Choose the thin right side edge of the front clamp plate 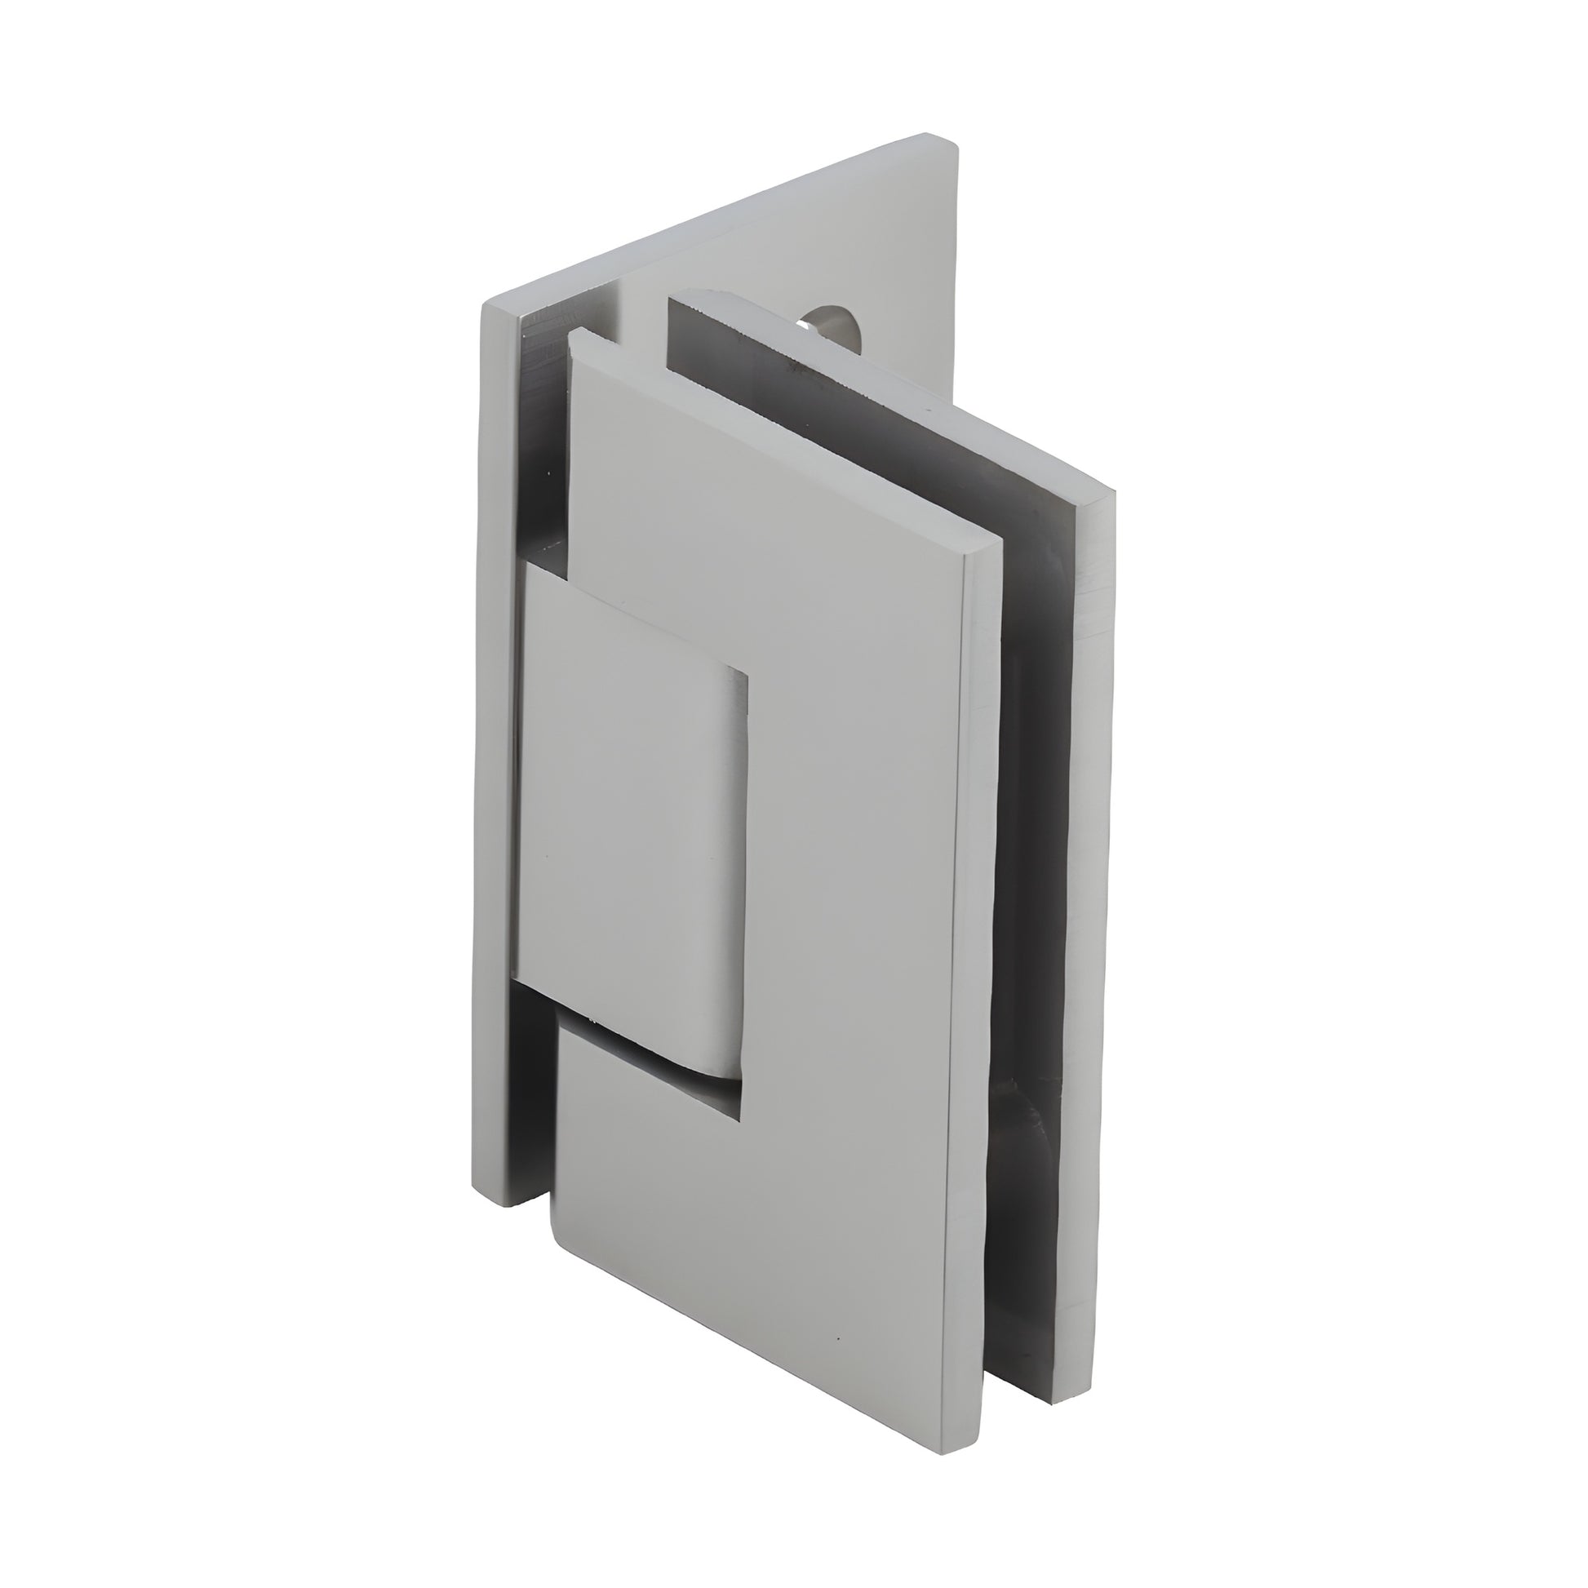click(x=974, y=945)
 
